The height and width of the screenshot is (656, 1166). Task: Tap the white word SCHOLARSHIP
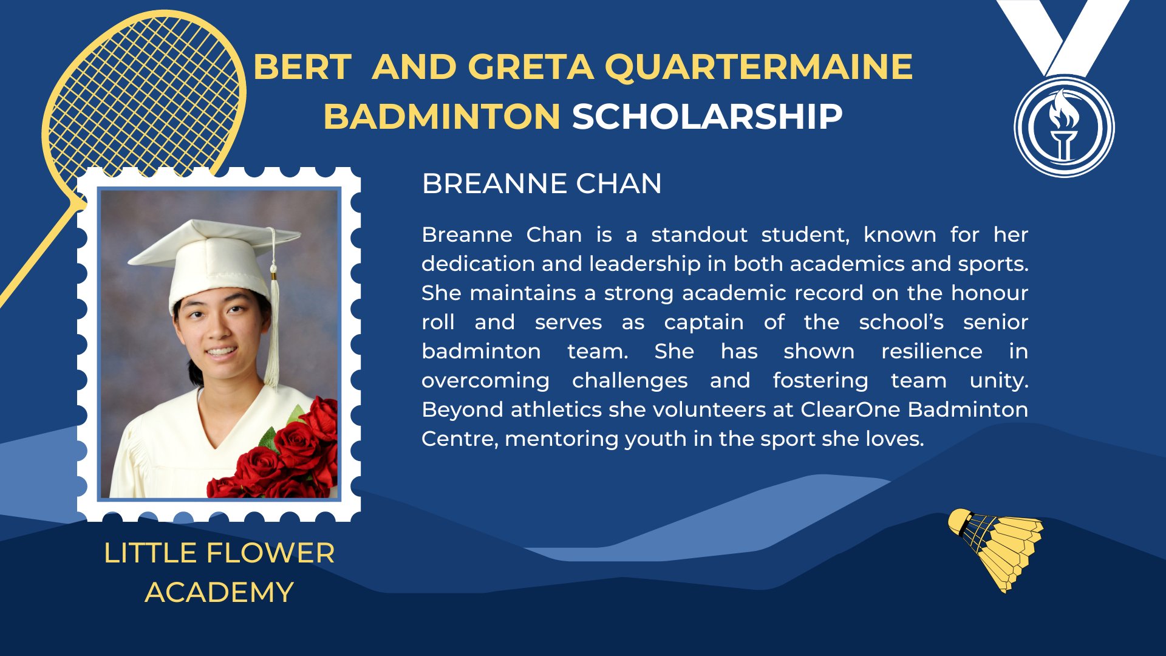[x=707, y=117]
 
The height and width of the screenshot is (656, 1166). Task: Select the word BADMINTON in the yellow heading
[x=442, y=117]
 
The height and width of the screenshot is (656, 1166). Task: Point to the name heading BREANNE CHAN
[x=542, y=183]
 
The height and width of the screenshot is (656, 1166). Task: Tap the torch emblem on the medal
[x=1063, y=125]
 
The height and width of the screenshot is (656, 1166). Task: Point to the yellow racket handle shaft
[x=36, y=255]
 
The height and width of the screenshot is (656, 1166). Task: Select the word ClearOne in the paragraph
[x=850, y=409]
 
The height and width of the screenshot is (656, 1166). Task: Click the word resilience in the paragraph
[x=932, y=351]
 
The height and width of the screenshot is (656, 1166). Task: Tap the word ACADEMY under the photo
[x=219, y=592]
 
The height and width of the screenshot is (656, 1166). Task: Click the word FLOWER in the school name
[x=270, y=553]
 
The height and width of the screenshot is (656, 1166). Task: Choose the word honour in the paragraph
[x=989, y=293]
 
